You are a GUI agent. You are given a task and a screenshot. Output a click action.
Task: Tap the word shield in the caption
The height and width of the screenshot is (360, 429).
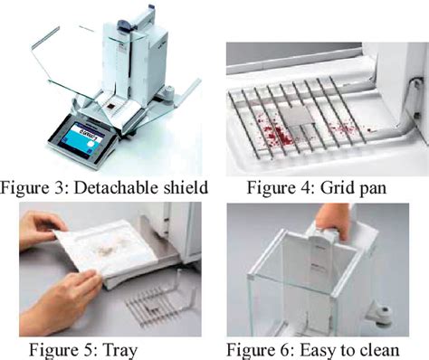(186, 187)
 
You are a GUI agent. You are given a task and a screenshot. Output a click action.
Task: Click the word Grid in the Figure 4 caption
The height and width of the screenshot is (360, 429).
(333, 187)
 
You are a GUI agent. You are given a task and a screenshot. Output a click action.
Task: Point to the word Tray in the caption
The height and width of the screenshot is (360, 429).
(120, 350)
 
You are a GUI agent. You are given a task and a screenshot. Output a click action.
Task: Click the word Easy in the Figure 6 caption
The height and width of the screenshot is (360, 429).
(317, 350)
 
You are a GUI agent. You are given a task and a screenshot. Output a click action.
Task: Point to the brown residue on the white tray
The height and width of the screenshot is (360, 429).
(108, 247)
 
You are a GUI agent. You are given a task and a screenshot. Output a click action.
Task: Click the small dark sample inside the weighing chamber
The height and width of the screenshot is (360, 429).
(111, 106)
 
